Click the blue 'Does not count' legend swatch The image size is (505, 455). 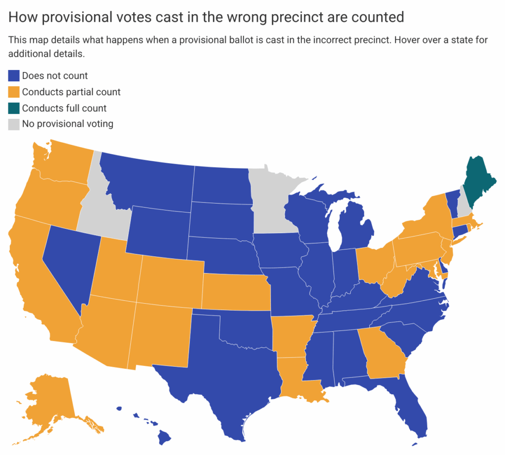point(14,76)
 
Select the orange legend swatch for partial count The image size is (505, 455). point(14,92)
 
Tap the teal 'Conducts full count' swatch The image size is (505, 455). point(14,108)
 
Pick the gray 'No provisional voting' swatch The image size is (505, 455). point(14,124)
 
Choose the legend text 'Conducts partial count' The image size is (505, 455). point(71,92)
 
